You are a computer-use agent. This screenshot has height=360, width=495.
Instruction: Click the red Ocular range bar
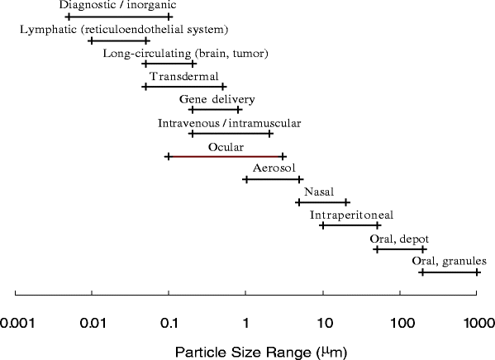point(226,156)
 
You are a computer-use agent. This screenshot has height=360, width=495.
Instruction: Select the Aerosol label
point(274,169)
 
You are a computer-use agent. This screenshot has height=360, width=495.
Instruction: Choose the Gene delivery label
point(217,100)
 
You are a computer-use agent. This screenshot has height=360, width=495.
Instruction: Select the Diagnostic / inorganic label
point(118,6)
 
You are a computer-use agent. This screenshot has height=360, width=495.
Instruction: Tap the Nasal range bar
point(322,202)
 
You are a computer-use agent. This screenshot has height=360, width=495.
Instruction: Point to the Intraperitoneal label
point(351,216)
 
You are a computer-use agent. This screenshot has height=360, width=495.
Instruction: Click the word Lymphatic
point(47,30)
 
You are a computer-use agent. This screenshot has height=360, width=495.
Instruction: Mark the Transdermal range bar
point(183,87)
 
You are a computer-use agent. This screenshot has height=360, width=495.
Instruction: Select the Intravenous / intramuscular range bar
point(231,133)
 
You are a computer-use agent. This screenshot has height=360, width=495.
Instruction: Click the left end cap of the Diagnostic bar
point(68,17)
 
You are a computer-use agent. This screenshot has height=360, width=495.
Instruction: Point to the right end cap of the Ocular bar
point(283,156)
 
